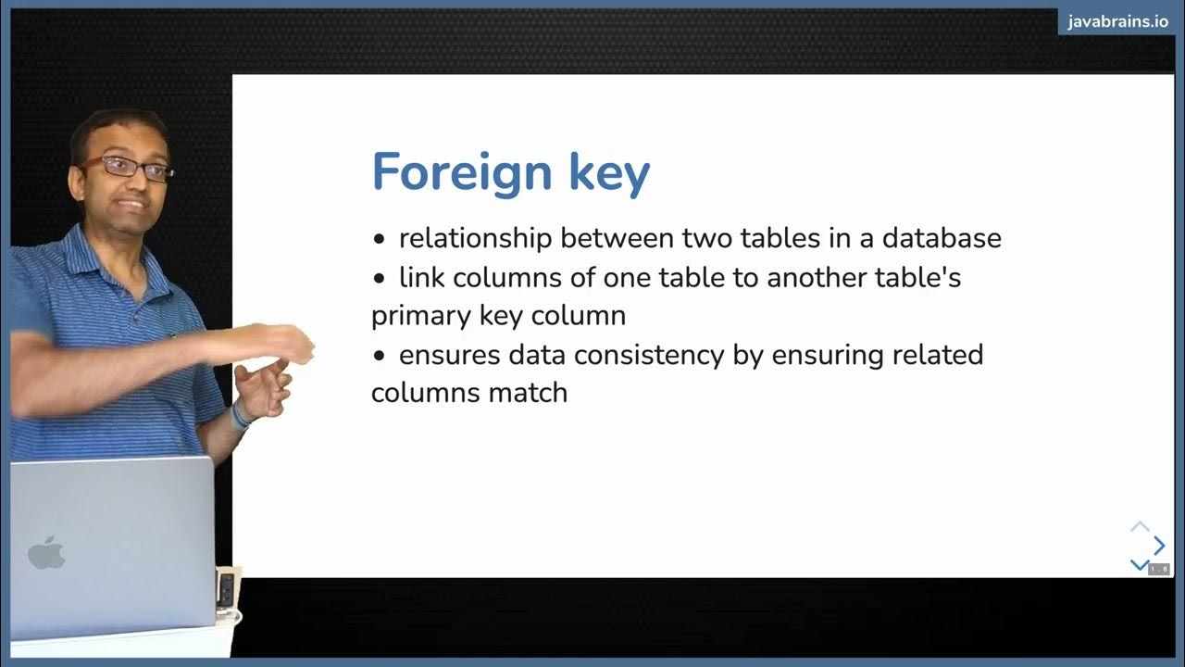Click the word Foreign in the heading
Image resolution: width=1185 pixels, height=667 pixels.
pos(450,171)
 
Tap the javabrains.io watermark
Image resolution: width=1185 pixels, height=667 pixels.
pos(1117,21)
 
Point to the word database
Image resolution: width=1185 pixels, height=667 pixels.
pos(941,238)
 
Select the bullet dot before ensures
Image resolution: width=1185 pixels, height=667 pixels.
pos(378,356)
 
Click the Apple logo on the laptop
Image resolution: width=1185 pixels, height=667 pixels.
pos(46,553)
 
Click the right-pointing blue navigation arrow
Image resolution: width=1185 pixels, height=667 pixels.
pos(1158,546)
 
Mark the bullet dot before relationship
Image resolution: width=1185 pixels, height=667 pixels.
pos(378,239)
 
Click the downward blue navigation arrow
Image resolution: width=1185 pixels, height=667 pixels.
pos(1139,564)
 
